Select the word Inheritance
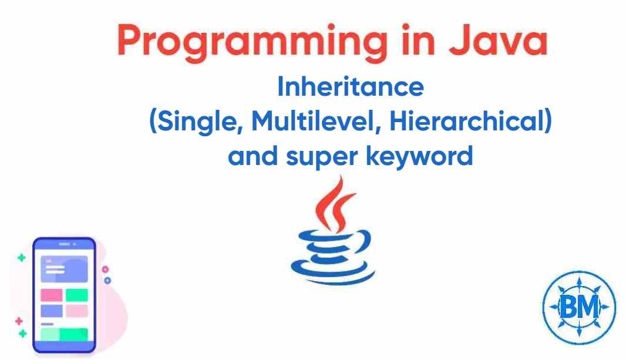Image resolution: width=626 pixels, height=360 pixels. click(x=350, y=88)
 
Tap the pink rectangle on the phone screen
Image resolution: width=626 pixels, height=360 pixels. click(x=51, y=295)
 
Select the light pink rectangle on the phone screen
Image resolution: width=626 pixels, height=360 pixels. click(x=76, y=310)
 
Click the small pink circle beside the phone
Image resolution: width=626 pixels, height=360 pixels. click(x=105, y=269)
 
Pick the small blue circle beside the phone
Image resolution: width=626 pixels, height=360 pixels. click(x=107, y=280)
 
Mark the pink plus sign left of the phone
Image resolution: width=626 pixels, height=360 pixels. click(x=18, y=321)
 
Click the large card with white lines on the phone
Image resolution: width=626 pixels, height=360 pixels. click(x=63, y=269)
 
